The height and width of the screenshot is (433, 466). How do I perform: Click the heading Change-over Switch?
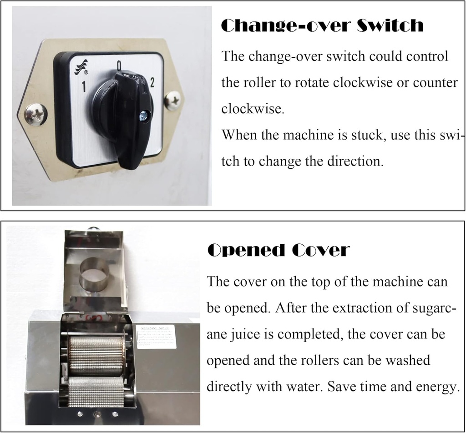coord(322,26)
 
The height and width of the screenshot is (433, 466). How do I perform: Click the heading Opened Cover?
coord(278,249)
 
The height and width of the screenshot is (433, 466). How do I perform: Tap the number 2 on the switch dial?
coord(152,82)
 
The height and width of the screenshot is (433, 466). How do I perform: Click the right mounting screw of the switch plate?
coord(172,100)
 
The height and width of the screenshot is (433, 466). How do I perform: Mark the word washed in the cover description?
coord(404,361)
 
